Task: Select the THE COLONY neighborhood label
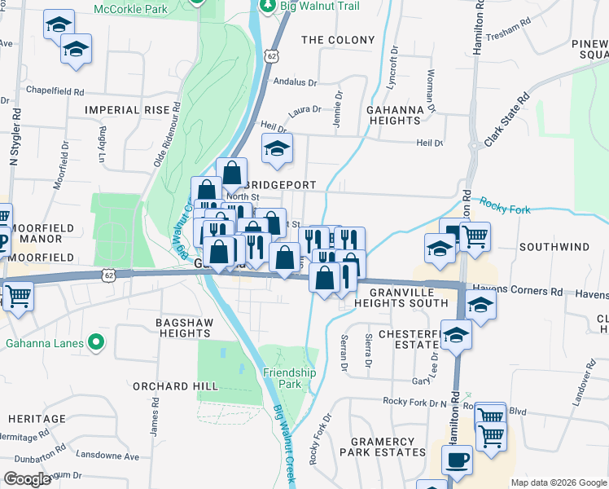point(338,39)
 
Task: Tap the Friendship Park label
point(289,378)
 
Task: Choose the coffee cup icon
point(457,460)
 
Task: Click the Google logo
point(27,479)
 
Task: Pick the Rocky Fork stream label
point(505,205)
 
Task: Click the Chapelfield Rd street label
point(56,91)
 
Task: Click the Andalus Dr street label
point(295,82)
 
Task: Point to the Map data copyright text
point(557,482)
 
